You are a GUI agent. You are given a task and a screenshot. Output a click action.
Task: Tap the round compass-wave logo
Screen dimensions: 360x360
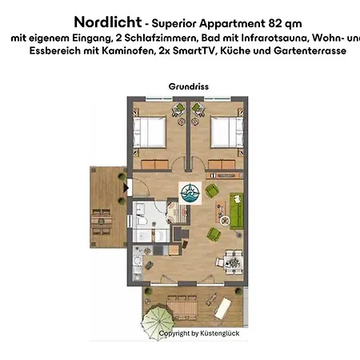pyautogui.click(x=190, y=193)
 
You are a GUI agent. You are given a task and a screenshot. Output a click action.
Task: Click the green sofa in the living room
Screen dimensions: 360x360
pyautogui.click(x=238, y=210)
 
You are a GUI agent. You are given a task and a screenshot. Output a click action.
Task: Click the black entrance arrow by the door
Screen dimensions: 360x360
pyautogui.click(x=126, y=188)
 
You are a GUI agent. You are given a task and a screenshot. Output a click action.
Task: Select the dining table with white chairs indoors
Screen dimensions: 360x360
pyautogui.click(x=233, y=260)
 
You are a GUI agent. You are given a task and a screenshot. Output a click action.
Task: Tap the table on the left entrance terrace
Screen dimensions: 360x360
pyautogui.click(x=100, y=216)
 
